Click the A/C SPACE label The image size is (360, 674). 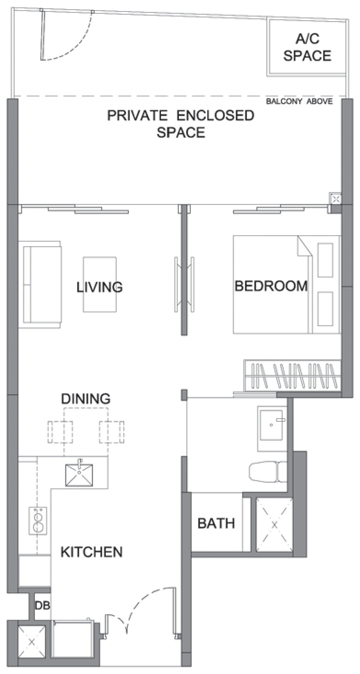click(x=307, y=47)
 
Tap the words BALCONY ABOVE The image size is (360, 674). click(x=299, y=102)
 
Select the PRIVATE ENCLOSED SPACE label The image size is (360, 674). click(x=181, y=124)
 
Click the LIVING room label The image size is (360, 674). click(x=100, y=287)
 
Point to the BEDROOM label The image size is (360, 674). click(x=271, y=286)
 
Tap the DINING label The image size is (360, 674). click(x=86, y=398)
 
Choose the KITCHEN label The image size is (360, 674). click(x=91, y=552)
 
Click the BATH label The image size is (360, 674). click(x=216, y=524)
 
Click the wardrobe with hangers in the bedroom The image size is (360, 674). click(x=292, y=375)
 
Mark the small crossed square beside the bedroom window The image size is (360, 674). click(x=336, y=199)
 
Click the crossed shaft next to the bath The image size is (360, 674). click(x=274, y=525)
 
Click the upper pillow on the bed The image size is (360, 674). click(x=325, y=260)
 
